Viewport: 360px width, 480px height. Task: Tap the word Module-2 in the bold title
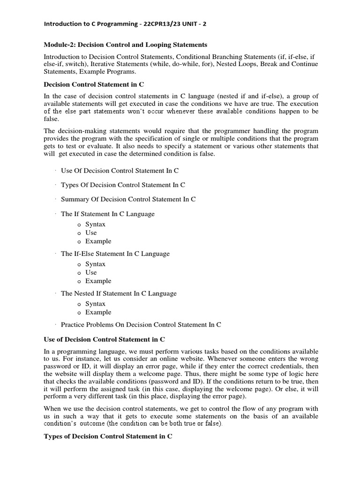pyautogui.click(x=59, y=45)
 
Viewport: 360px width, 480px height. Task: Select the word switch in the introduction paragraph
pyautogui.click(x=86, y=64)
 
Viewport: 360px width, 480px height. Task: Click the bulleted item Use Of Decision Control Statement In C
pyautogui.click(x=120, y=171)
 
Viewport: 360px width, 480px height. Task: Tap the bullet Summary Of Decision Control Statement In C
pyautogui.click(x=128, y=199)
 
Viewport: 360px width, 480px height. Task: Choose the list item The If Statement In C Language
pyautogui.click(x=107, y=214)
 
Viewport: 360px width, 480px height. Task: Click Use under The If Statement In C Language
pyautogui.click(x=91, y=232)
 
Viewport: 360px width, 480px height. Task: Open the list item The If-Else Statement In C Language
pyautogui.click(x=115, y=254)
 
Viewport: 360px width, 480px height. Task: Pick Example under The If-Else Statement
pyautogui.click(x=98, y=281)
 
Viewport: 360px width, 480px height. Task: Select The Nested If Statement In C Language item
pyautogui.click(x=119, y=293)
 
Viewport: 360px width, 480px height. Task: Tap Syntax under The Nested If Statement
pyautogui.click(x=95, y=304)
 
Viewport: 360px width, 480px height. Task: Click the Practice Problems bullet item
pyautogui.click(x=141, y=324)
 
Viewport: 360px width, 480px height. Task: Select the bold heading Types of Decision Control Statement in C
pyautogui.click(x=108, y=436)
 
